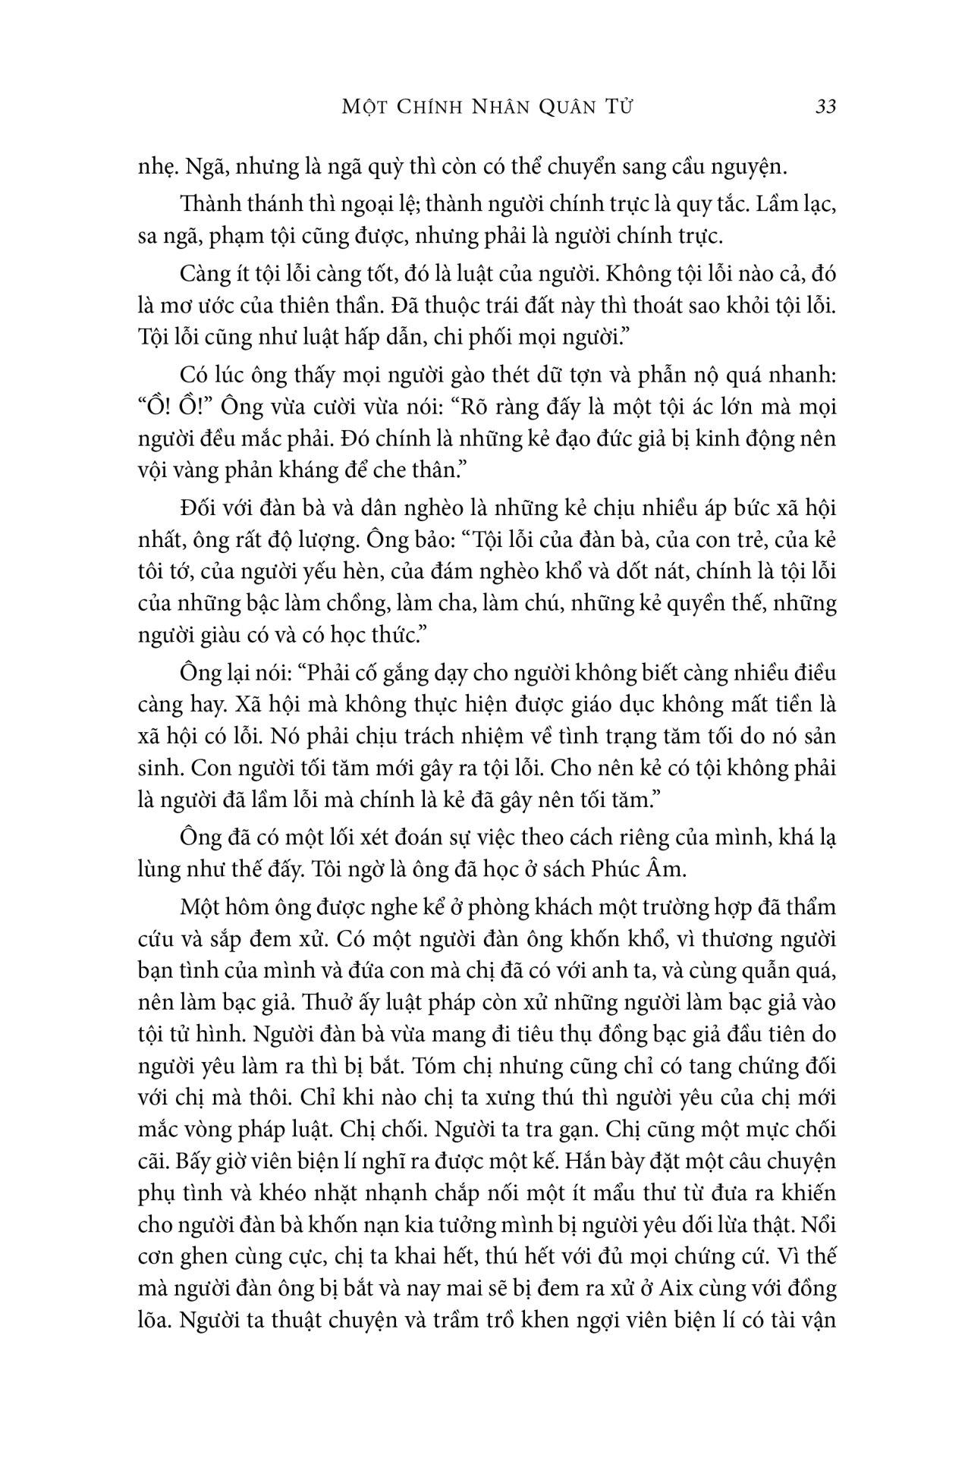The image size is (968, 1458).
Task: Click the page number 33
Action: point(825,106)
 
